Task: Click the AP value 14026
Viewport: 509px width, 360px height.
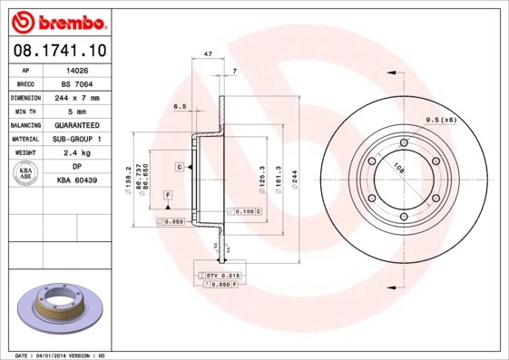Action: pyautogui.click(x=77, y=69)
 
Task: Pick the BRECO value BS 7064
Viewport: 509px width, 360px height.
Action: pyautogui.click(x=77, y=83)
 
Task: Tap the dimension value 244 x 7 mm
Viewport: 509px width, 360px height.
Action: pyautogui.click(x=77, y=97)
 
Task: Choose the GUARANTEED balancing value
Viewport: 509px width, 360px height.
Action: pyautogui.click(x=77, y=125)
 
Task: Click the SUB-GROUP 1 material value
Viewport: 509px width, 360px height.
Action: pyautogui.click(x=77, y=139)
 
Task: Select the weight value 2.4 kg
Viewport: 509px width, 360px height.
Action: pyautogui.click(x=77, y=153)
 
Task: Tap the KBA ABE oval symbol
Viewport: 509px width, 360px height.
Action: pyautogui.click(x=26, y=173)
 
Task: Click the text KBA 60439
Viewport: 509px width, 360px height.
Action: pyautogui.click(x=77, y=180)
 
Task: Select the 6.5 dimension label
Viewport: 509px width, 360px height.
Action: pyautogui.click(x=180, y=106)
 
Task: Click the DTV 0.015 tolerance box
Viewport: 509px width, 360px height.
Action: pyautogui.click(x=221, y=275)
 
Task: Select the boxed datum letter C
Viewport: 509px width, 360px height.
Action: pyautogui.click(x=181, y=168)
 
